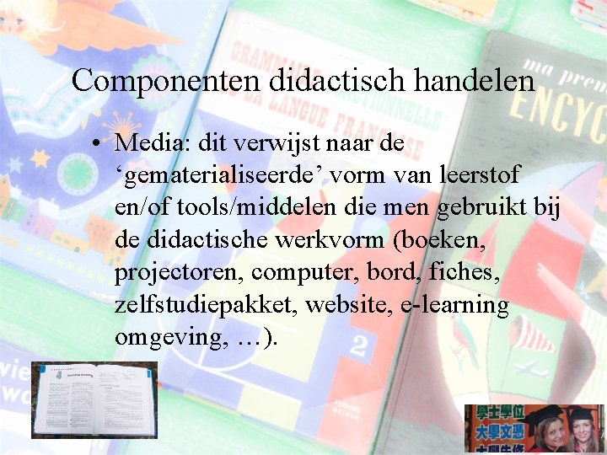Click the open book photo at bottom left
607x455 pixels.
pos(94,399)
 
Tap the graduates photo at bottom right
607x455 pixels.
pos(534,428)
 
